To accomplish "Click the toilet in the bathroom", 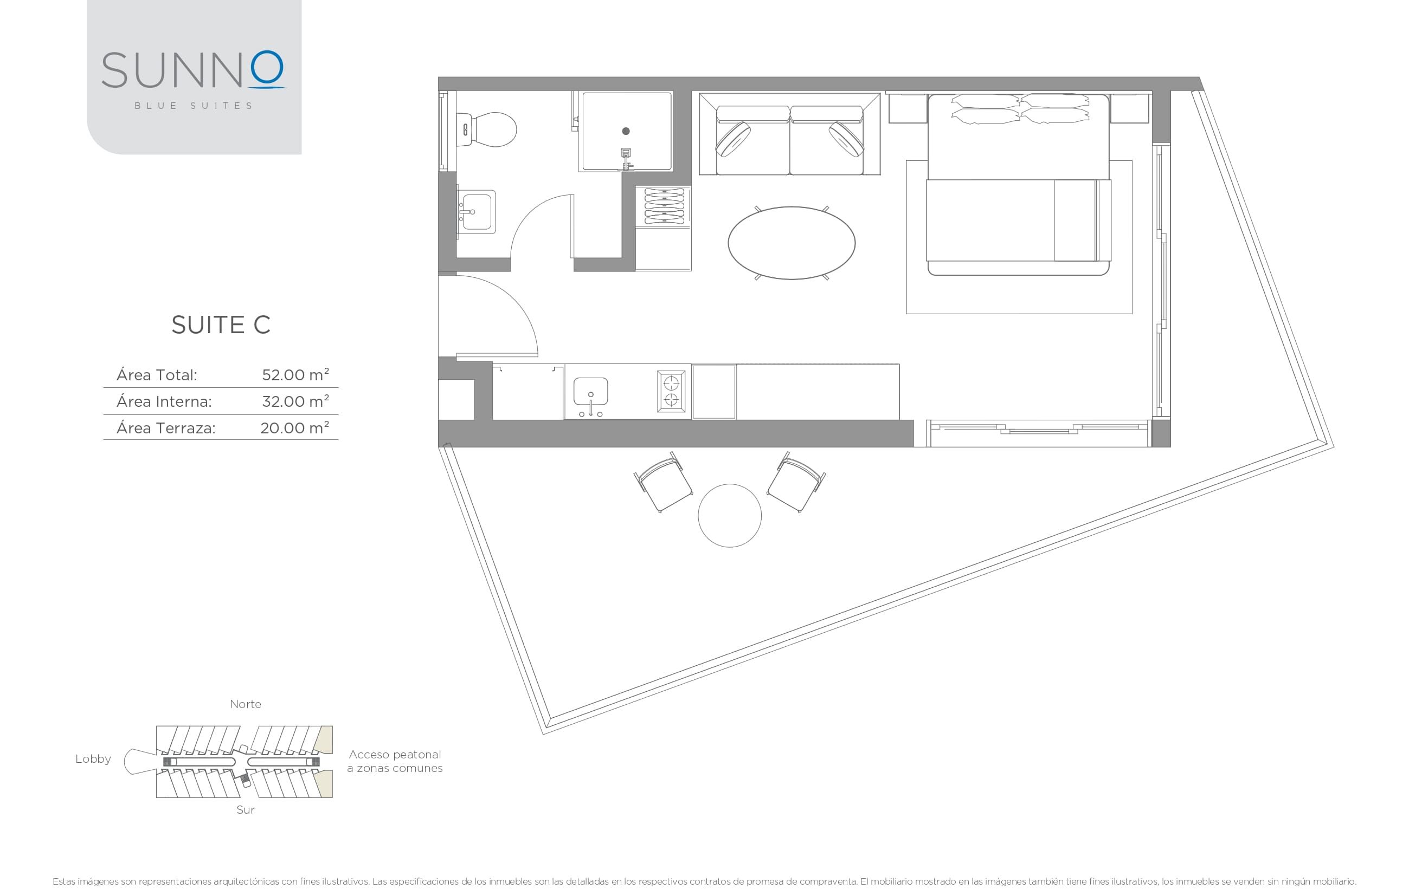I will point(490,129).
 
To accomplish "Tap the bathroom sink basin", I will point(477,212).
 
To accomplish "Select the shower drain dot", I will point(626,131).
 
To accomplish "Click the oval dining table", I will point(791,243).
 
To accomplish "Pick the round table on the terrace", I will point(729,515).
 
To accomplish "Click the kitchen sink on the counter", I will point(590,392).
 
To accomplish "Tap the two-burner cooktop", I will point(671,391).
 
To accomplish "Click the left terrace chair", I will point(664,483).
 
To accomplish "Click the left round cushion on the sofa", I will point(732,139).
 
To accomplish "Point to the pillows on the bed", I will point(1020,109).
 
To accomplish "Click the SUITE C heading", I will point(221,324).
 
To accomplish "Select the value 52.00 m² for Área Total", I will point(295,375).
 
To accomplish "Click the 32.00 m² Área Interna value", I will point(295,401).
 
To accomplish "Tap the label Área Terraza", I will point(165,428).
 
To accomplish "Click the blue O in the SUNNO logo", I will point(267,68).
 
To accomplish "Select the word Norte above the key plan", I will point(245,704).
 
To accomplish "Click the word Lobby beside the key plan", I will point(93,758).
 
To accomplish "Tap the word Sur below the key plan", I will point(245,809).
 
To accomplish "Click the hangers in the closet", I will point(664,205).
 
